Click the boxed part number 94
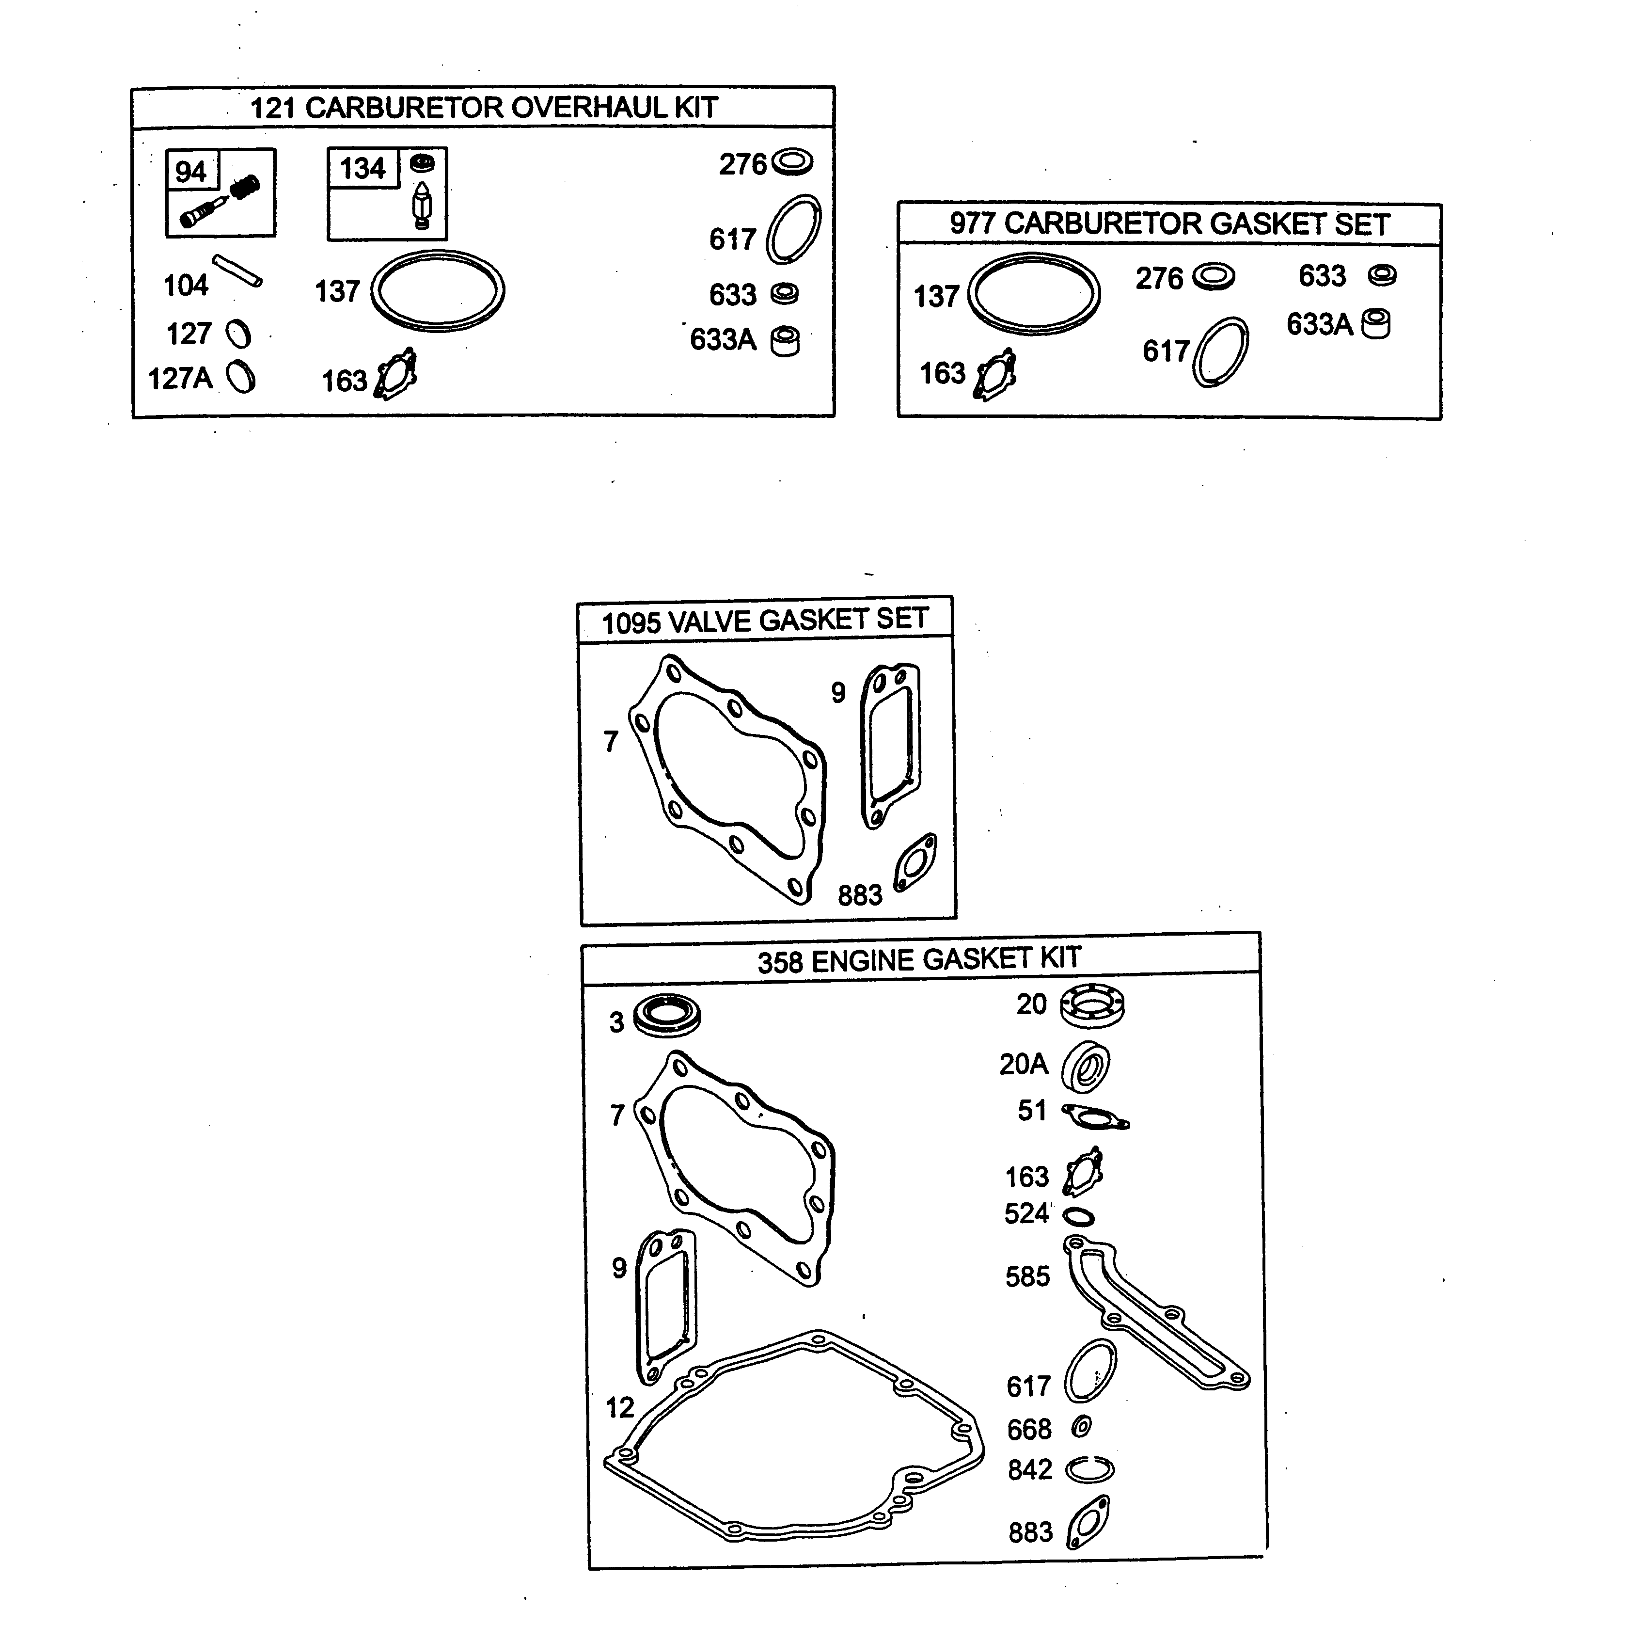pyautogui.click(x=190, y=172)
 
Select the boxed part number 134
pyautogui.click(x=363, y=168)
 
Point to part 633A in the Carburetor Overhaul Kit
pyautogui.click(x=786, y=341)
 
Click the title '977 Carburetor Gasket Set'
pyautogui.click(x=1169, y=224)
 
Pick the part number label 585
pyautogui.click(x=1027, y=1276)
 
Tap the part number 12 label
pyautogui.click(x=619, y=1407)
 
